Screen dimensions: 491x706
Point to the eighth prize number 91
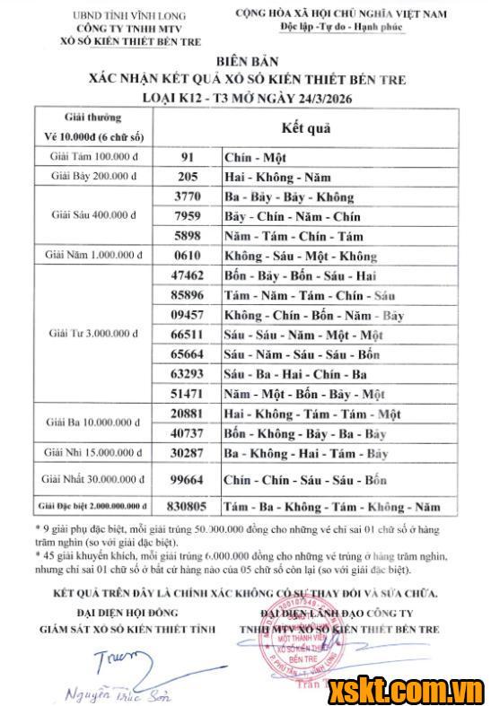[188, 156]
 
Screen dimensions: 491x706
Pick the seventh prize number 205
[188, 177]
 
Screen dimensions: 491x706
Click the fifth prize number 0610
[188, 256]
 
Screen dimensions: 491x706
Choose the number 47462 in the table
[188, 275]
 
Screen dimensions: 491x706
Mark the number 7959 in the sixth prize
[188, 216]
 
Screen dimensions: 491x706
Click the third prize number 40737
[188, 433]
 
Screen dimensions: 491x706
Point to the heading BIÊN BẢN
[245, 62]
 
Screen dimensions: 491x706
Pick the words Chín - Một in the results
[254, 157]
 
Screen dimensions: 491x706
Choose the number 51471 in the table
[188, 394]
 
